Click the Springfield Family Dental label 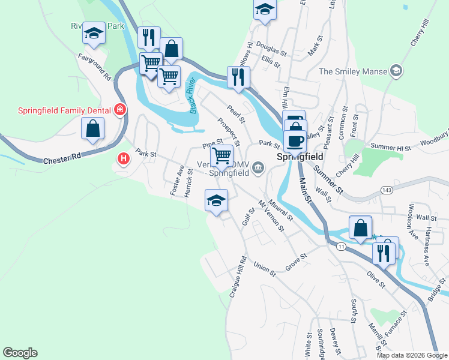click(x=64, y=110)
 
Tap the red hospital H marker click(x=123, y=159)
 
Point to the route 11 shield click(x=341, y=246)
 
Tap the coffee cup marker click(x=295, y=141)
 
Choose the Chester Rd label click(x=62, y=161)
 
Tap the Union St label click(x=264, y=268)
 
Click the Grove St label click(x=296, y=262)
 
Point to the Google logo click(x=20, y=353)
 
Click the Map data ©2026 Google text click(x=411, y=355)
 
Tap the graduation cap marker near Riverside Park click(x=94, y=34)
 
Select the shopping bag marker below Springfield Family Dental click(x=92, y=128)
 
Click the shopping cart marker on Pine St click(x=223, y=156)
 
